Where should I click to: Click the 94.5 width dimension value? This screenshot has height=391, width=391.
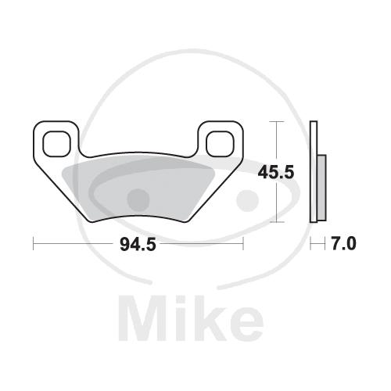tap(138, 245)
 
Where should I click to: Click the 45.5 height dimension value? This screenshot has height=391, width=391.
tap(276, 172)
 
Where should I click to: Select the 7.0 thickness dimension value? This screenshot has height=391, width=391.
tap(343, 244)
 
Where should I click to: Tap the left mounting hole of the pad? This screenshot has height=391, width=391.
tap(57, 144)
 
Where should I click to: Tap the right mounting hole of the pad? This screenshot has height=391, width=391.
tap(220, 144)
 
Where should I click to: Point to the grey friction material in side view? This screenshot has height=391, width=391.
tap(321, 188)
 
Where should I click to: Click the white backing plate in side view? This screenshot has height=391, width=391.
tap(314, 172)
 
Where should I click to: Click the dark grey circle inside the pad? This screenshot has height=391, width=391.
tap(138, 200)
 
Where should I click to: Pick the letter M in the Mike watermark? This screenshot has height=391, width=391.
tap(141, 317)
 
